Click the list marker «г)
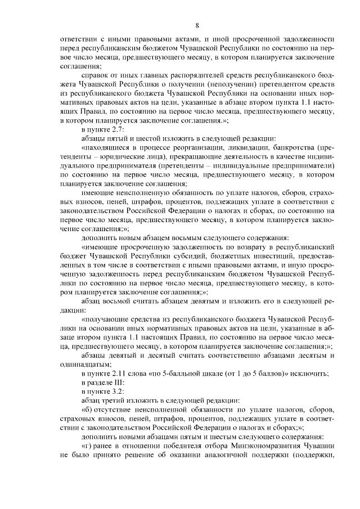coord(88,445)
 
